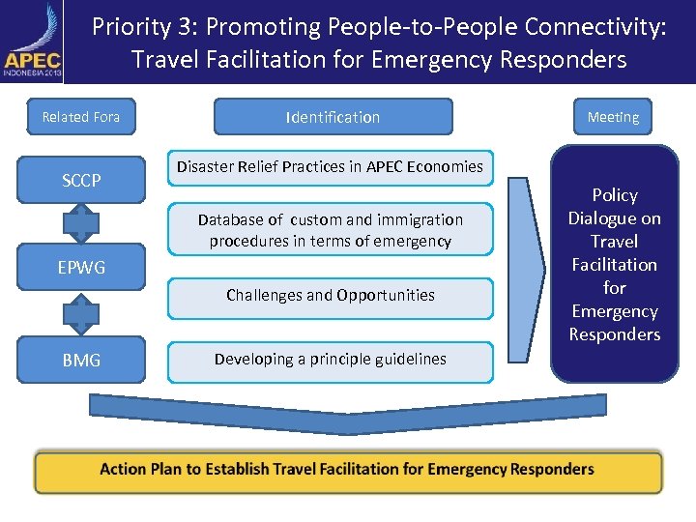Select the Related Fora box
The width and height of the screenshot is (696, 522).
[x=81, y=117]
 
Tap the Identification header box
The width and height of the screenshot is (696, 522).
[x=333, y=117]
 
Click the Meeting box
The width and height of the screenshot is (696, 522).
[x=613, y=117]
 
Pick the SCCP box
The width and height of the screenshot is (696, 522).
[x=81, y=181]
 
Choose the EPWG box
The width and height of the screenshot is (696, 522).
[x=81, y=267]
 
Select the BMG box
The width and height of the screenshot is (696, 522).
[x=81, y=360]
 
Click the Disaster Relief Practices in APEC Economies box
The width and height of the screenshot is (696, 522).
[x=330, y=167]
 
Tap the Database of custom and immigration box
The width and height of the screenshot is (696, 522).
[x=330, y=230]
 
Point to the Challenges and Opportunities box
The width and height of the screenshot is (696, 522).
[x=330, y=296]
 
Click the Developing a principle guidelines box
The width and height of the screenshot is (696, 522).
[x=330, y=360]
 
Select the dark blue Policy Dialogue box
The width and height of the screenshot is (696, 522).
[x=614, y=264]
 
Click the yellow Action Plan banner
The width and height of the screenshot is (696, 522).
[x=348, y=470]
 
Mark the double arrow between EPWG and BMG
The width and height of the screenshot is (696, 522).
[x=81, y=313]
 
